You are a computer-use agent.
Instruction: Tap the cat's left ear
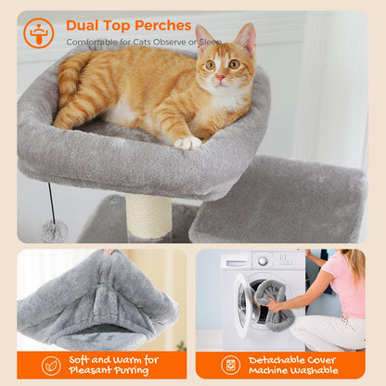click(x=245, y=39)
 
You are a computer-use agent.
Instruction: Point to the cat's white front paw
click(x=188, y=142)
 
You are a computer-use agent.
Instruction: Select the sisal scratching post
click(x=148, y=217)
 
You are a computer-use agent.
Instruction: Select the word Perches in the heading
click(x=162, y=25)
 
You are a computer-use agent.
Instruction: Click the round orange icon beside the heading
click(x=38, y=32)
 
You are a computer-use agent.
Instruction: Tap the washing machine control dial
click(x=263, y=261)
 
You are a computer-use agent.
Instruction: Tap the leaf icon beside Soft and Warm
click(x=51, y=364)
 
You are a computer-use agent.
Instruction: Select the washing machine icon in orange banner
click(x=230, y=364)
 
